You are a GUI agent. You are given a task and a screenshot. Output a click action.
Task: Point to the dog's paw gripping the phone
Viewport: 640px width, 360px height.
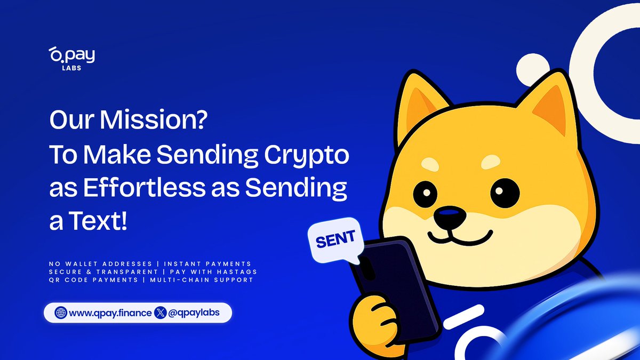click(376, 320)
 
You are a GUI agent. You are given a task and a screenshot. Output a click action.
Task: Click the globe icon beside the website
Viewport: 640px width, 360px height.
click(61, 313)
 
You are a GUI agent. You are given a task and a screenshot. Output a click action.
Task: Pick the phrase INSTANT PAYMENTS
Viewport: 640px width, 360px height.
click(207, 264)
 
